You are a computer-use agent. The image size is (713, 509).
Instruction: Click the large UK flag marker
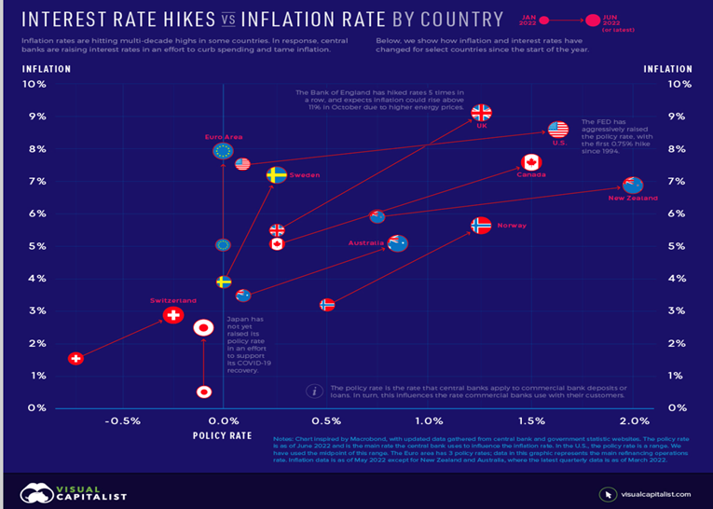tap(481, 113)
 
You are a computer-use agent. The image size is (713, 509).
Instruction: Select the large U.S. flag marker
tap(558, 131)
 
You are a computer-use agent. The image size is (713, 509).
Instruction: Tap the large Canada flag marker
tap(532, 162)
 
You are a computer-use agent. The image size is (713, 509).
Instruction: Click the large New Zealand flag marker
tap(633, 185)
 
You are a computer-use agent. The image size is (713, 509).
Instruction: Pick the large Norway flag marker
tap(481, 226)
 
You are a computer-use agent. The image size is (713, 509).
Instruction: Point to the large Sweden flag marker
tap(276, 174)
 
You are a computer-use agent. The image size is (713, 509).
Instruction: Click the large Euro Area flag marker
tap(223, 151)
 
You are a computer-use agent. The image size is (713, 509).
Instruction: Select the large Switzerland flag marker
tap(173, 315)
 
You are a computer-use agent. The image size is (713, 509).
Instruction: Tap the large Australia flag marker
tap(398, 243)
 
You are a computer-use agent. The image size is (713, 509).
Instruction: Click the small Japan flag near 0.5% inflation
tap(203, 392)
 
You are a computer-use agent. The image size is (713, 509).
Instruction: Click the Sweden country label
tap(304, 175)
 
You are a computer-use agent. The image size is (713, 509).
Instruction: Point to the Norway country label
tap(512, 226)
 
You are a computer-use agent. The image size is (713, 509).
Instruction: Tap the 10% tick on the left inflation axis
tap(34, 84)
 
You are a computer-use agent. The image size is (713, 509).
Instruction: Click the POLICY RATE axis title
tap(222, 435)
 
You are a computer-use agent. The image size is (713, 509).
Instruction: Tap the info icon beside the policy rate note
tap(315, 391)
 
